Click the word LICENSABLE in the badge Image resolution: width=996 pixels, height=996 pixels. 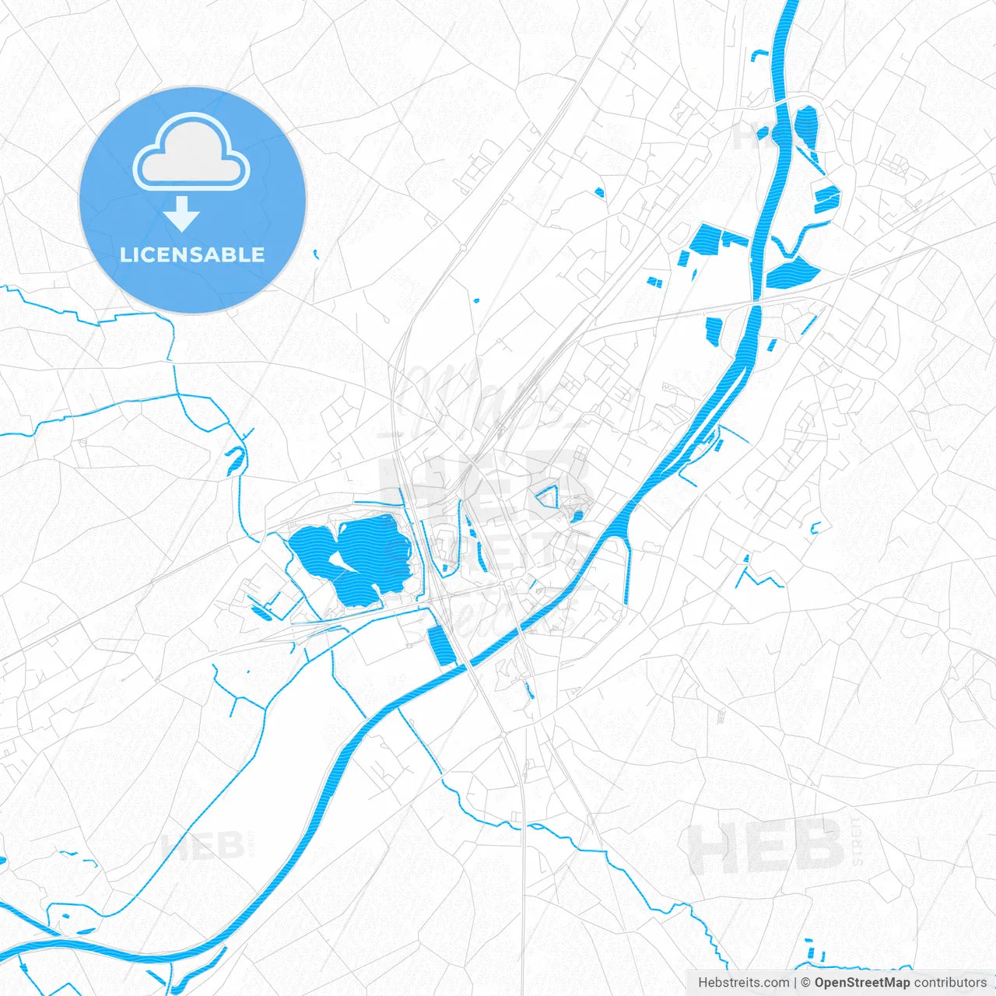pos(192,254)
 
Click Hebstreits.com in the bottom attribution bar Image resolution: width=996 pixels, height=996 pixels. pos(743,983)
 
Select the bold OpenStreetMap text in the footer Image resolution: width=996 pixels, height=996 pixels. pos(861,983)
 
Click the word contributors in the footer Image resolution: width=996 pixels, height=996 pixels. pos(950,983)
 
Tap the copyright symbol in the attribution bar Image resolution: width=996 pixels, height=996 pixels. pos(806,983)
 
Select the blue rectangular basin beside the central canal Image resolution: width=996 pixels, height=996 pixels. pos(442,646)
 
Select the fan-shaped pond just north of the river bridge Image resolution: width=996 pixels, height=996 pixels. pos(793,273)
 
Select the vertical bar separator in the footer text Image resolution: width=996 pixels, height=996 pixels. pos(794,983)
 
